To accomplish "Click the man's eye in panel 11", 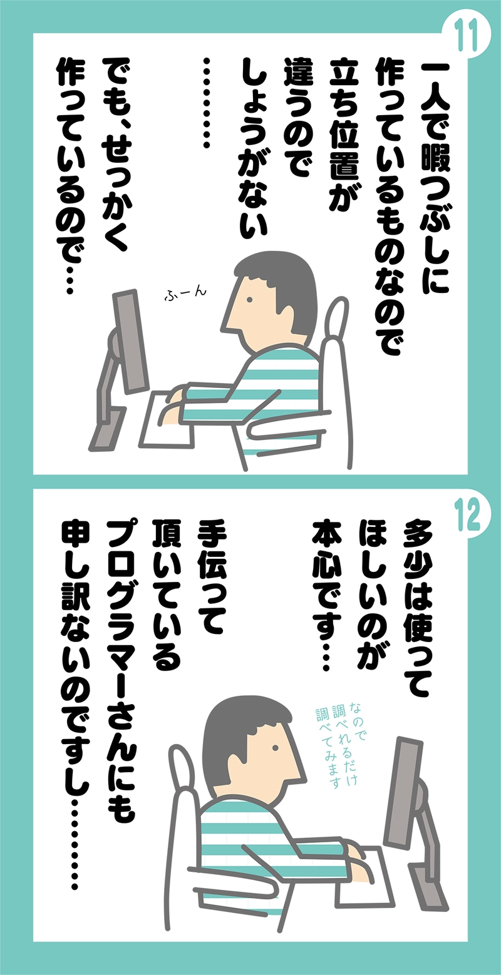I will (249, 299).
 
